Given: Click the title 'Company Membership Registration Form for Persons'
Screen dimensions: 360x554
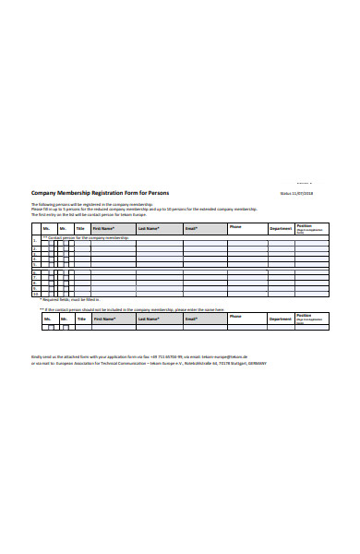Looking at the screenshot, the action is pos(99,193).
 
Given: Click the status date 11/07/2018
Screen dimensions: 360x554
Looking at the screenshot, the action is pos(302,194).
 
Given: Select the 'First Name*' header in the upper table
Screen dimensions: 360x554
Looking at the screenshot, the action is pos(102,228).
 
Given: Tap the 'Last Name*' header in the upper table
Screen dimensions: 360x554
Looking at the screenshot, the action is pos(149,228).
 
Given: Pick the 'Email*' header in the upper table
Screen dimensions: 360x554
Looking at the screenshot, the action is pos(191,228).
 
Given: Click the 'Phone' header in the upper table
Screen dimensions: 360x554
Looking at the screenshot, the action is pos(235,227).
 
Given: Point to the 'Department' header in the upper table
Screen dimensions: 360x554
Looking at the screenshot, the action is pos(281,228).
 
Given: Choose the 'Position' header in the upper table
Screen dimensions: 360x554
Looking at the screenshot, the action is pos(305,226).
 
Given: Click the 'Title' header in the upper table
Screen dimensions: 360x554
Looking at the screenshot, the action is pos(80,228).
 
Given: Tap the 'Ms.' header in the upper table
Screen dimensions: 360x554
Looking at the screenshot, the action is pos(46,228).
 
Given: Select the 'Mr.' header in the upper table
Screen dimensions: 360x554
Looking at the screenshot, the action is pos(63,228).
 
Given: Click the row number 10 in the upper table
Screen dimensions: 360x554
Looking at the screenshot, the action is pos(36,295).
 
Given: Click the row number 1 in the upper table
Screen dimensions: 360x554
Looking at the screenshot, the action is pos(35,244).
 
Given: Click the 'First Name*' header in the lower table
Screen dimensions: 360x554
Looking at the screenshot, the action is pos(102,319).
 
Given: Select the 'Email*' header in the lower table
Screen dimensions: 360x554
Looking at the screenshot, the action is pos(191,319).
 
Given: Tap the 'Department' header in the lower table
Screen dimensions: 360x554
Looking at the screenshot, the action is pos(281,319).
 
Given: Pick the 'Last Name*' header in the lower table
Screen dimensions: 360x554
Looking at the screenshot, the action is pos(149,319).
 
